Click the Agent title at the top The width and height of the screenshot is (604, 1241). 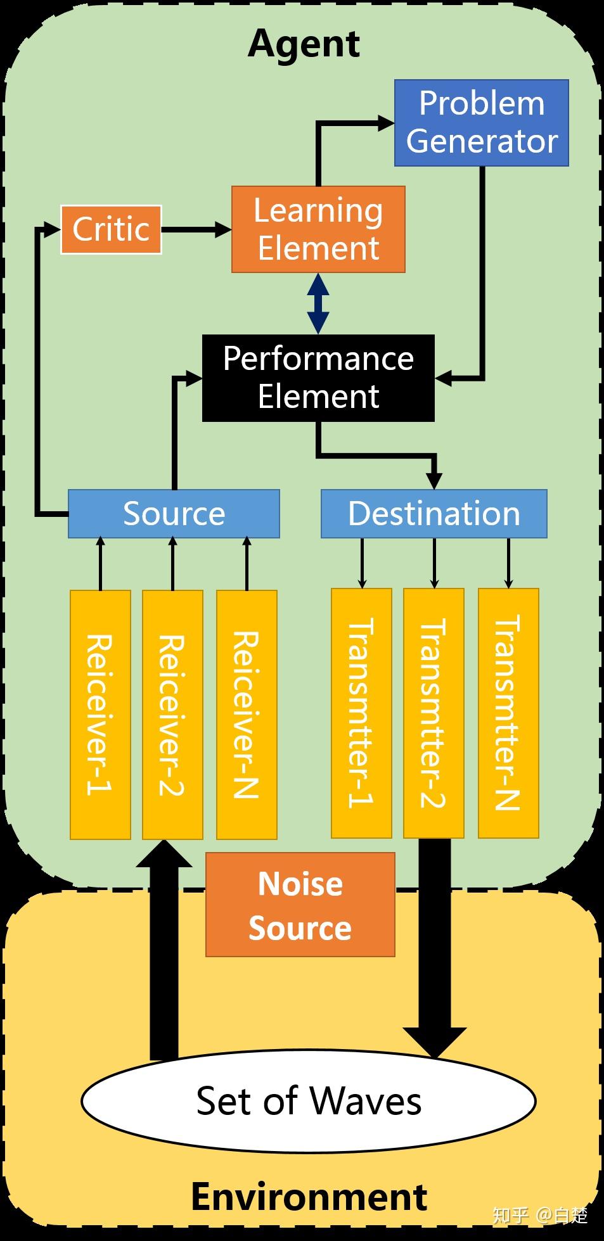(304, 44)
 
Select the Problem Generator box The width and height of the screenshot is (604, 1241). (481, 123)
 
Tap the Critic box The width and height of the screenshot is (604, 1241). (111, 229)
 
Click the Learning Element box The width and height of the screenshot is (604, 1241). (318, 229)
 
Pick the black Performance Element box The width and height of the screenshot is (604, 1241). (318, 378)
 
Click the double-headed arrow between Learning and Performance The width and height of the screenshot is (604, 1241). (318, 303)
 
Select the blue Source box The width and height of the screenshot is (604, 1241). (174, 514)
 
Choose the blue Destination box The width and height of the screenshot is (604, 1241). (434, 514)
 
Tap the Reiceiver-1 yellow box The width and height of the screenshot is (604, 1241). (100, 715)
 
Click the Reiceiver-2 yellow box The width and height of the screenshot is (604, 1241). (172, 715)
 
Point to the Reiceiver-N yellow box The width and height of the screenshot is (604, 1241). (247, 715)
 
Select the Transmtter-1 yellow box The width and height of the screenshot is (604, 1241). (361, 713)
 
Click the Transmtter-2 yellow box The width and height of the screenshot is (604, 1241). (434, 713)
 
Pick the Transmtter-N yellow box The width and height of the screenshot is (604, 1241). (508, 713)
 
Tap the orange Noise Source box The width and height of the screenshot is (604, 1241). (300, 905)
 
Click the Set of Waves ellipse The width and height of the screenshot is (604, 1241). (309, 1100)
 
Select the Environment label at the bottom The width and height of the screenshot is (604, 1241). (309, 1196)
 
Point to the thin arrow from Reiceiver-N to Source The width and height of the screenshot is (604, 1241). (247, 564)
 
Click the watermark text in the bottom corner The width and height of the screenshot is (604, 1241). (540, 1214)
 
